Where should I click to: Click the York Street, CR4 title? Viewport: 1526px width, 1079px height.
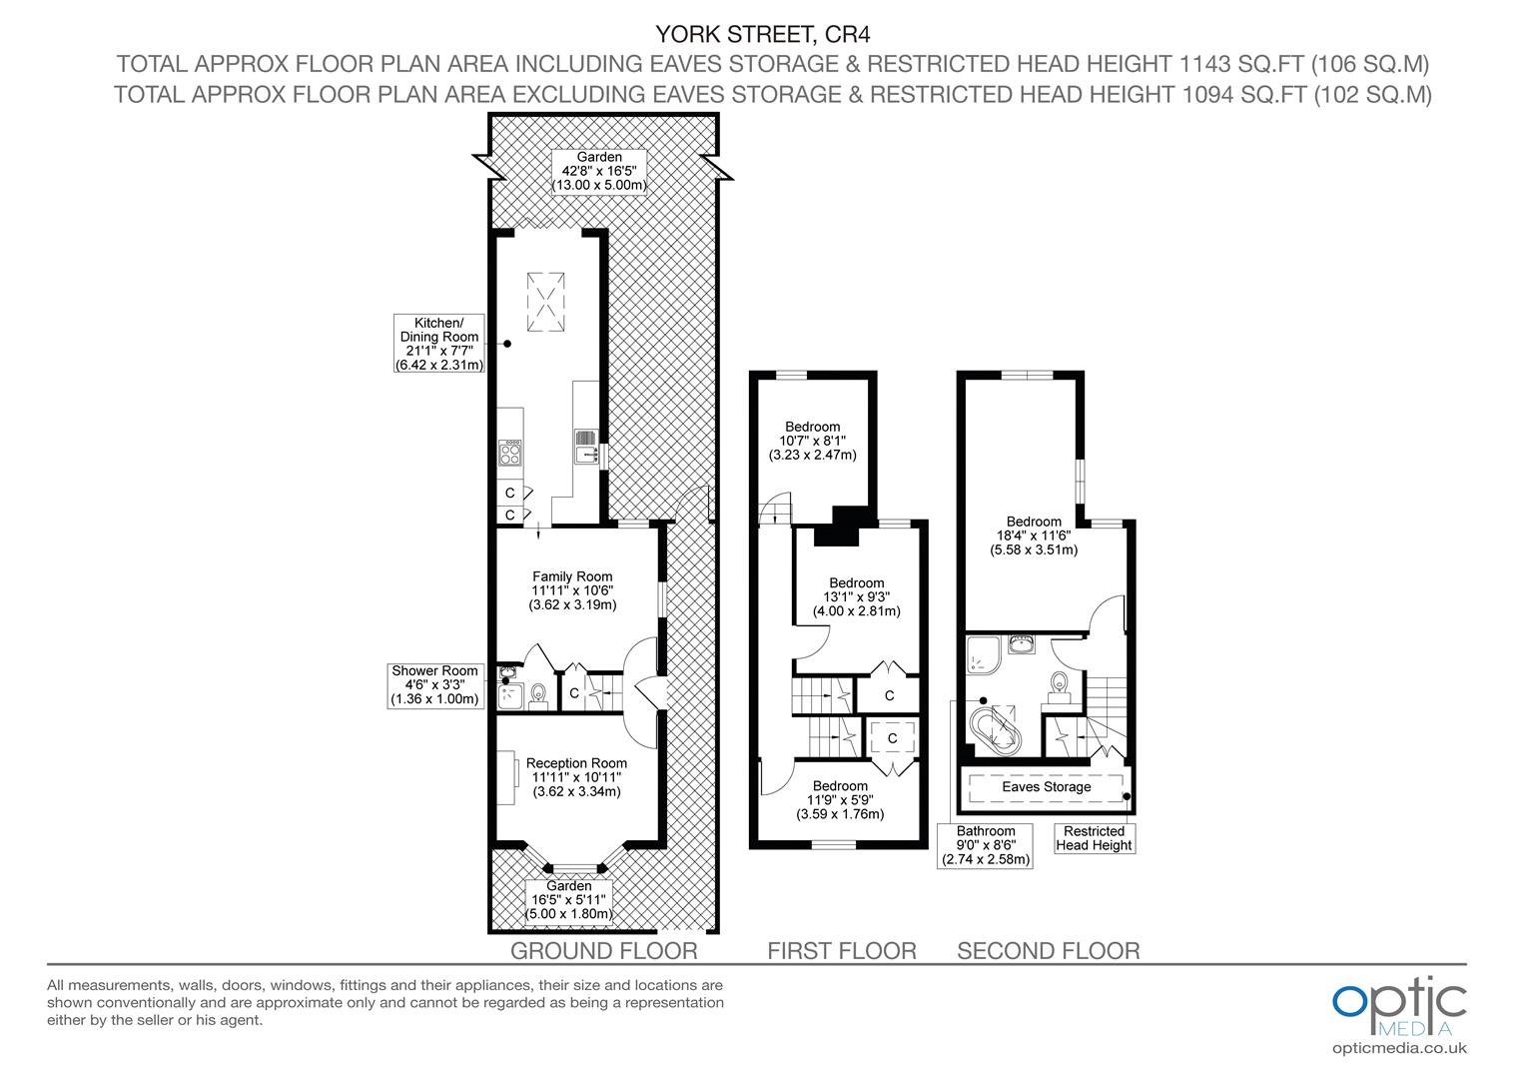[x=762, y=34]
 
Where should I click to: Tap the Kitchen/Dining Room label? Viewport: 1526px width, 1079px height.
[x=439, y=344]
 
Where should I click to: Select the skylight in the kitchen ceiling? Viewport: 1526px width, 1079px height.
[x=546, y=299]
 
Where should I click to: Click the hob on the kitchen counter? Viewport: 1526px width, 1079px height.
[x=511, y=455]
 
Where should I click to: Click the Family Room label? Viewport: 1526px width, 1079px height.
[x=572, y=590]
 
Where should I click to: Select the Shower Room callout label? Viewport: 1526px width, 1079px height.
[x=434, y=685]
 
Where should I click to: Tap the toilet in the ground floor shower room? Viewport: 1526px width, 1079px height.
[x=540, y=694]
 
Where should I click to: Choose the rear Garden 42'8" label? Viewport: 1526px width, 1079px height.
[x=599, y=171]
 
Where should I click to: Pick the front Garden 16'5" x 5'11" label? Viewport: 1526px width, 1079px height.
[x=569, y=900]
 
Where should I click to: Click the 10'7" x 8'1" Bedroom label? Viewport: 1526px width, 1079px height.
[x=812, y=441]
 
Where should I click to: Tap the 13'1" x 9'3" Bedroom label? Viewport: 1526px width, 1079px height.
[x=856, y=596]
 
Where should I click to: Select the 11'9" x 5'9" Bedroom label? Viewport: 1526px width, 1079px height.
[x=840, y=800]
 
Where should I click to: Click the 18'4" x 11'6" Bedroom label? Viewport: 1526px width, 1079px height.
[x=1034, y=536]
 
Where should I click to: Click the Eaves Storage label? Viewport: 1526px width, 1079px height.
[x=1046, y=787]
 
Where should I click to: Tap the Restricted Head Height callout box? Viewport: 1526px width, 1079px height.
[x=1094, y=838]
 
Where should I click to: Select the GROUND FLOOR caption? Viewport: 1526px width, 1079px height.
[x=603, y=950]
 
